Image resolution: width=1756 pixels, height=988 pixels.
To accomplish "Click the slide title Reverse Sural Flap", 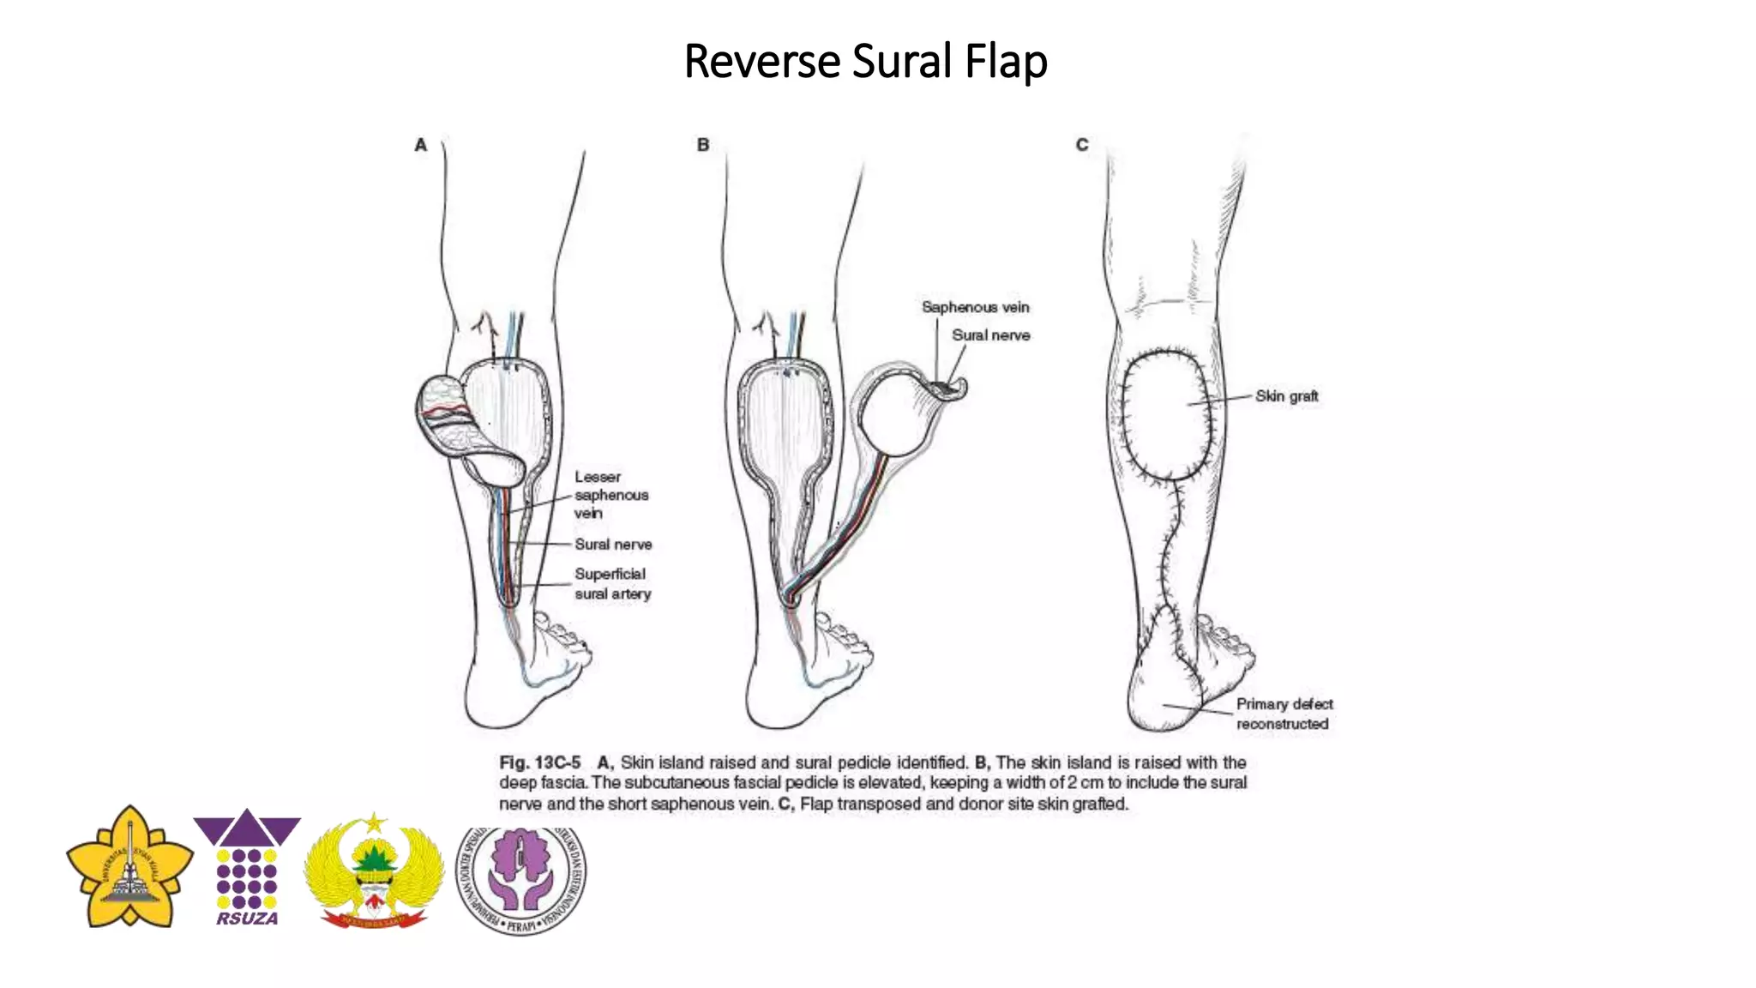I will (865, 62).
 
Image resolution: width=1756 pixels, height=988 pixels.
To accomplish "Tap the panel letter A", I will (420, 145).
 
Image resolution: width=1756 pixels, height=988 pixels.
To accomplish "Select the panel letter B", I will (703, 145).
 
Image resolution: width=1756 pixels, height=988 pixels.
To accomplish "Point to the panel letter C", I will (1082, 145).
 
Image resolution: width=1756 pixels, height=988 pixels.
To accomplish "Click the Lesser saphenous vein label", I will (610, 495).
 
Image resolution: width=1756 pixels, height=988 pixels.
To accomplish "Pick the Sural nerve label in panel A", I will (613, 545).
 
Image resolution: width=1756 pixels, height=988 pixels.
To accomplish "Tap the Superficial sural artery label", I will (612, 583).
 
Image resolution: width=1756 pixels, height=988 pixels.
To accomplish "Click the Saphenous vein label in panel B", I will (975, 307).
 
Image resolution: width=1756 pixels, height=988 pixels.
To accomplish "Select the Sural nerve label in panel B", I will (990, 335).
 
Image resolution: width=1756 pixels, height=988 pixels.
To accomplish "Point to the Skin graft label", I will (1286, 396).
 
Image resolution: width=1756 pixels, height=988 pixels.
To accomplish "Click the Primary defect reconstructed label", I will (1284, 714).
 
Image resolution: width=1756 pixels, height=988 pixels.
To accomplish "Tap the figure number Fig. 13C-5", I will (539, 762).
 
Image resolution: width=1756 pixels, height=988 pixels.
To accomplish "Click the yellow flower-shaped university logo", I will (129, 866).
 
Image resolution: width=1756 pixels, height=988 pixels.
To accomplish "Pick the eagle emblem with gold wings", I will (374, 871).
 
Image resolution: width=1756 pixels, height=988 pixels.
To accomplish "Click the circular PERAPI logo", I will (521, 878).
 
